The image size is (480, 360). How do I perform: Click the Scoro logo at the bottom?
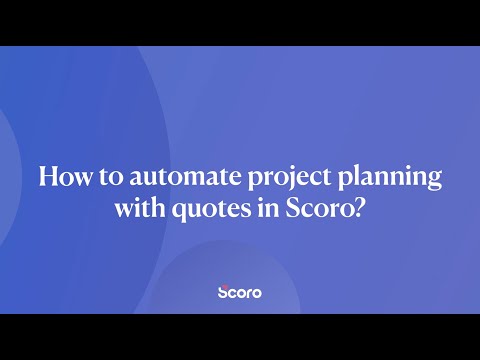240,294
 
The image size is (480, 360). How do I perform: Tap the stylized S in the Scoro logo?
223,294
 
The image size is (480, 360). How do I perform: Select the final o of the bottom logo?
257,295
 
